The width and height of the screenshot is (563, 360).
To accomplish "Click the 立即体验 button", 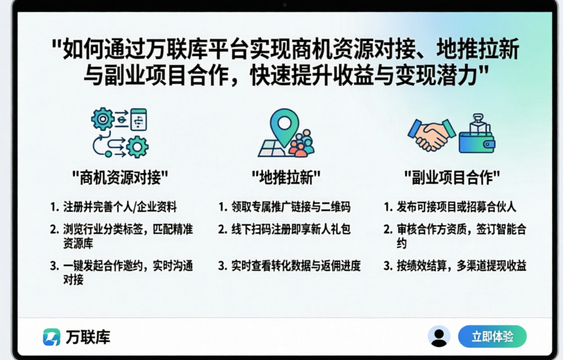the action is [493, 337].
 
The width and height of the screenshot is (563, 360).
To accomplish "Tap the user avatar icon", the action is [439, 337].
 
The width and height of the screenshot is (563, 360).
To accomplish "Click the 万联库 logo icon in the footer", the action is [51, 337].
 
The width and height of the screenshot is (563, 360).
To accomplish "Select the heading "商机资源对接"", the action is [120, 178].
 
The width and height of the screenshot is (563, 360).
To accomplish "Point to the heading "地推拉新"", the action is [286, 178].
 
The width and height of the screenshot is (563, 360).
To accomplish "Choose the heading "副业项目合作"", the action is [452, 178].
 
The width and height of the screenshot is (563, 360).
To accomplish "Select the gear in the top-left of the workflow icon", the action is [103, 119].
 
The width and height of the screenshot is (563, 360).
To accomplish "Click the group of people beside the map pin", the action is [302, 143].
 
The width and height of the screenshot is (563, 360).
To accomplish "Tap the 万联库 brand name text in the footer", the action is [88, 337].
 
